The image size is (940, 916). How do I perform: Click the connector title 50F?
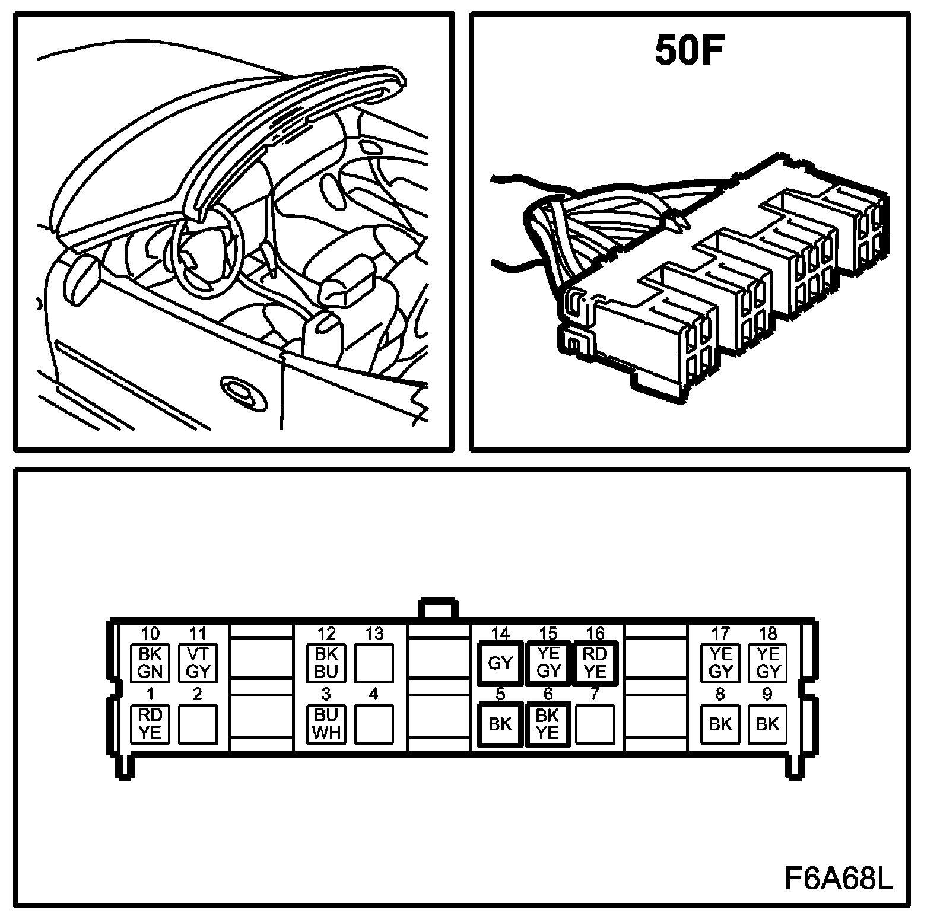pyautogui.click(x=690, y=52)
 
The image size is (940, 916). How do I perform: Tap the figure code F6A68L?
pyautogui.click(x=839, y=879)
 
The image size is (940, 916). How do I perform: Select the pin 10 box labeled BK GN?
pyautogui.click(x=150, y=663)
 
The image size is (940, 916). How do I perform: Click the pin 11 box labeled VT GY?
pyautogui.click(x=198, y=663)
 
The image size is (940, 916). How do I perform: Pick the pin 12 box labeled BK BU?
pyautogui.click(x=326, y=663)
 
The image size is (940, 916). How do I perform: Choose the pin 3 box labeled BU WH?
pyautogui.click(x=326, y=724)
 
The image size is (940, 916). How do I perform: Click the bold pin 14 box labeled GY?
pyautogui.click(x=500, y=663)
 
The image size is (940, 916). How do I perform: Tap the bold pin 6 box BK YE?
pyautogui.click(x=547, y=724)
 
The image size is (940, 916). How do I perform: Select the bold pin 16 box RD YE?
pyautogui.click(x=595, y=663)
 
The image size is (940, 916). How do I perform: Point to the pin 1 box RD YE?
pyautogui.click(x=150, y=724)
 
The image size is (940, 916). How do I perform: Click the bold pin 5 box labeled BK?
pyautogui.click(x=500, y=724)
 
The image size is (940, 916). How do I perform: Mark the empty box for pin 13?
pyautogui.click(x=374, y=663)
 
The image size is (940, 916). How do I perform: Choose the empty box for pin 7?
pyautogui.click(x=595, y=724)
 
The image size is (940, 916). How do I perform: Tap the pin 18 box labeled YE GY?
pyautogui.click(x=768, y=663)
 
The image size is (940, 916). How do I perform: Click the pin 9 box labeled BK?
pyautogui.click(x=768, y=724)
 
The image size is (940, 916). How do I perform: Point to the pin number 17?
pyautogui.click(x=720, y=634)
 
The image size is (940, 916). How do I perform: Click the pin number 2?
pyautogui.click(x=198, y=694)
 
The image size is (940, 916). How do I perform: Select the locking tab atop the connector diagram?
pyautogui.click(x=438, y=610)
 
